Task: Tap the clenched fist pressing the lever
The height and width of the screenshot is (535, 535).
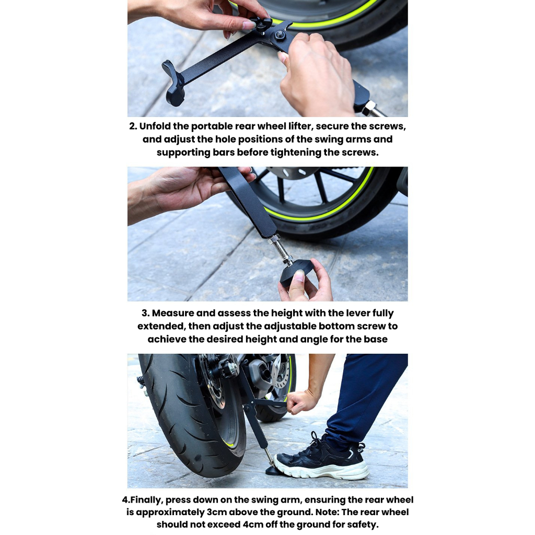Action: point(301,402)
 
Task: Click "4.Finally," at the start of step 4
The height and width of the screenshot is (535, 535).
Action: point(143,500)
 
